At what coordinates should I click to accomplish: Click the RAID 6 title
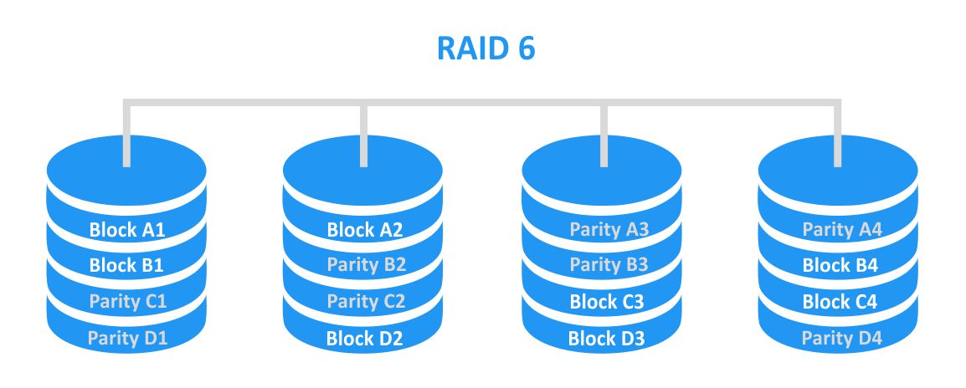tap(486, 48)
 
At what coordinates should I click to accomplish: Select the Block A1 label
tap(126, 230)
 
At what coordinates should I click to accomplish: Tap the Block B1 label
tap(126, 266)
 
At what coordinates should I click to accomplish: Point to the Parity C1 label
tap(126, 302)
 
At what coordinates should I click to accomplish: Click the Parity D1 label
tap(126, 338)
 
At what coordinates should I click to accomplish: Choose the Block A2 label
tap(364, 230)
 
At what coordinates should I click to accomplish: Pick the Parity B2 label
tap(365, 266)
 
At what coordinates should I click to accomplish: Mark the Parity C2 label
tap(365, 302)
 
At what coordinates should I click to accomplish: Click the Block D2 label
tap(364, 338)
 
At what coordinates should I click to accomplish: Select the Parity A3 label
tap(602, 230)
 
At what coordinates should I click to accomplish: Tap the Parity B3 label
tap(602, 266)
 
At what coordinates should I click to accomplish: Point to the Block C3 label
tap(602, 302)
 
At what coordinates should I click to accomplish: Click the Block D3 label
tap(602, 338)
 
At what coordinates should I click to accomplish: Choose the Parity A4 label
tap(840, 230)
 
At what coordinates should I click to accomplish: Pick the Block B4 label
tap(840, 266)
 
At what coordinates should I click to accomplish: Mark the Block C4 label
tap(840, 302)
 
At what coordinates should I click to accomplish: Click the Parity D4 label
tap(840, 338)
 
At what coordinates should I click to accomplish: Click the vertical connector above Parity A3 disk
tap(603, 134)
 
